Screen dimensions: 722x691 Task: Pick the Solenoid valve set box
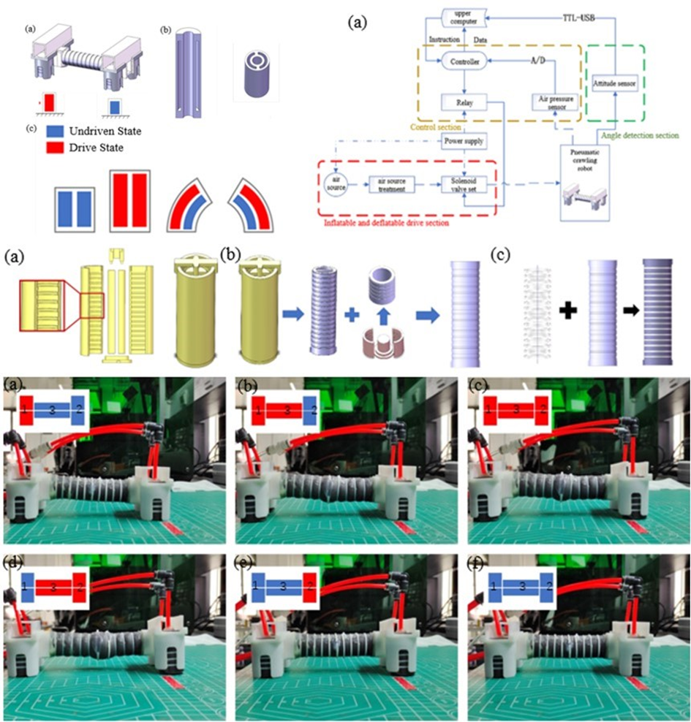pos(464,186)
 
